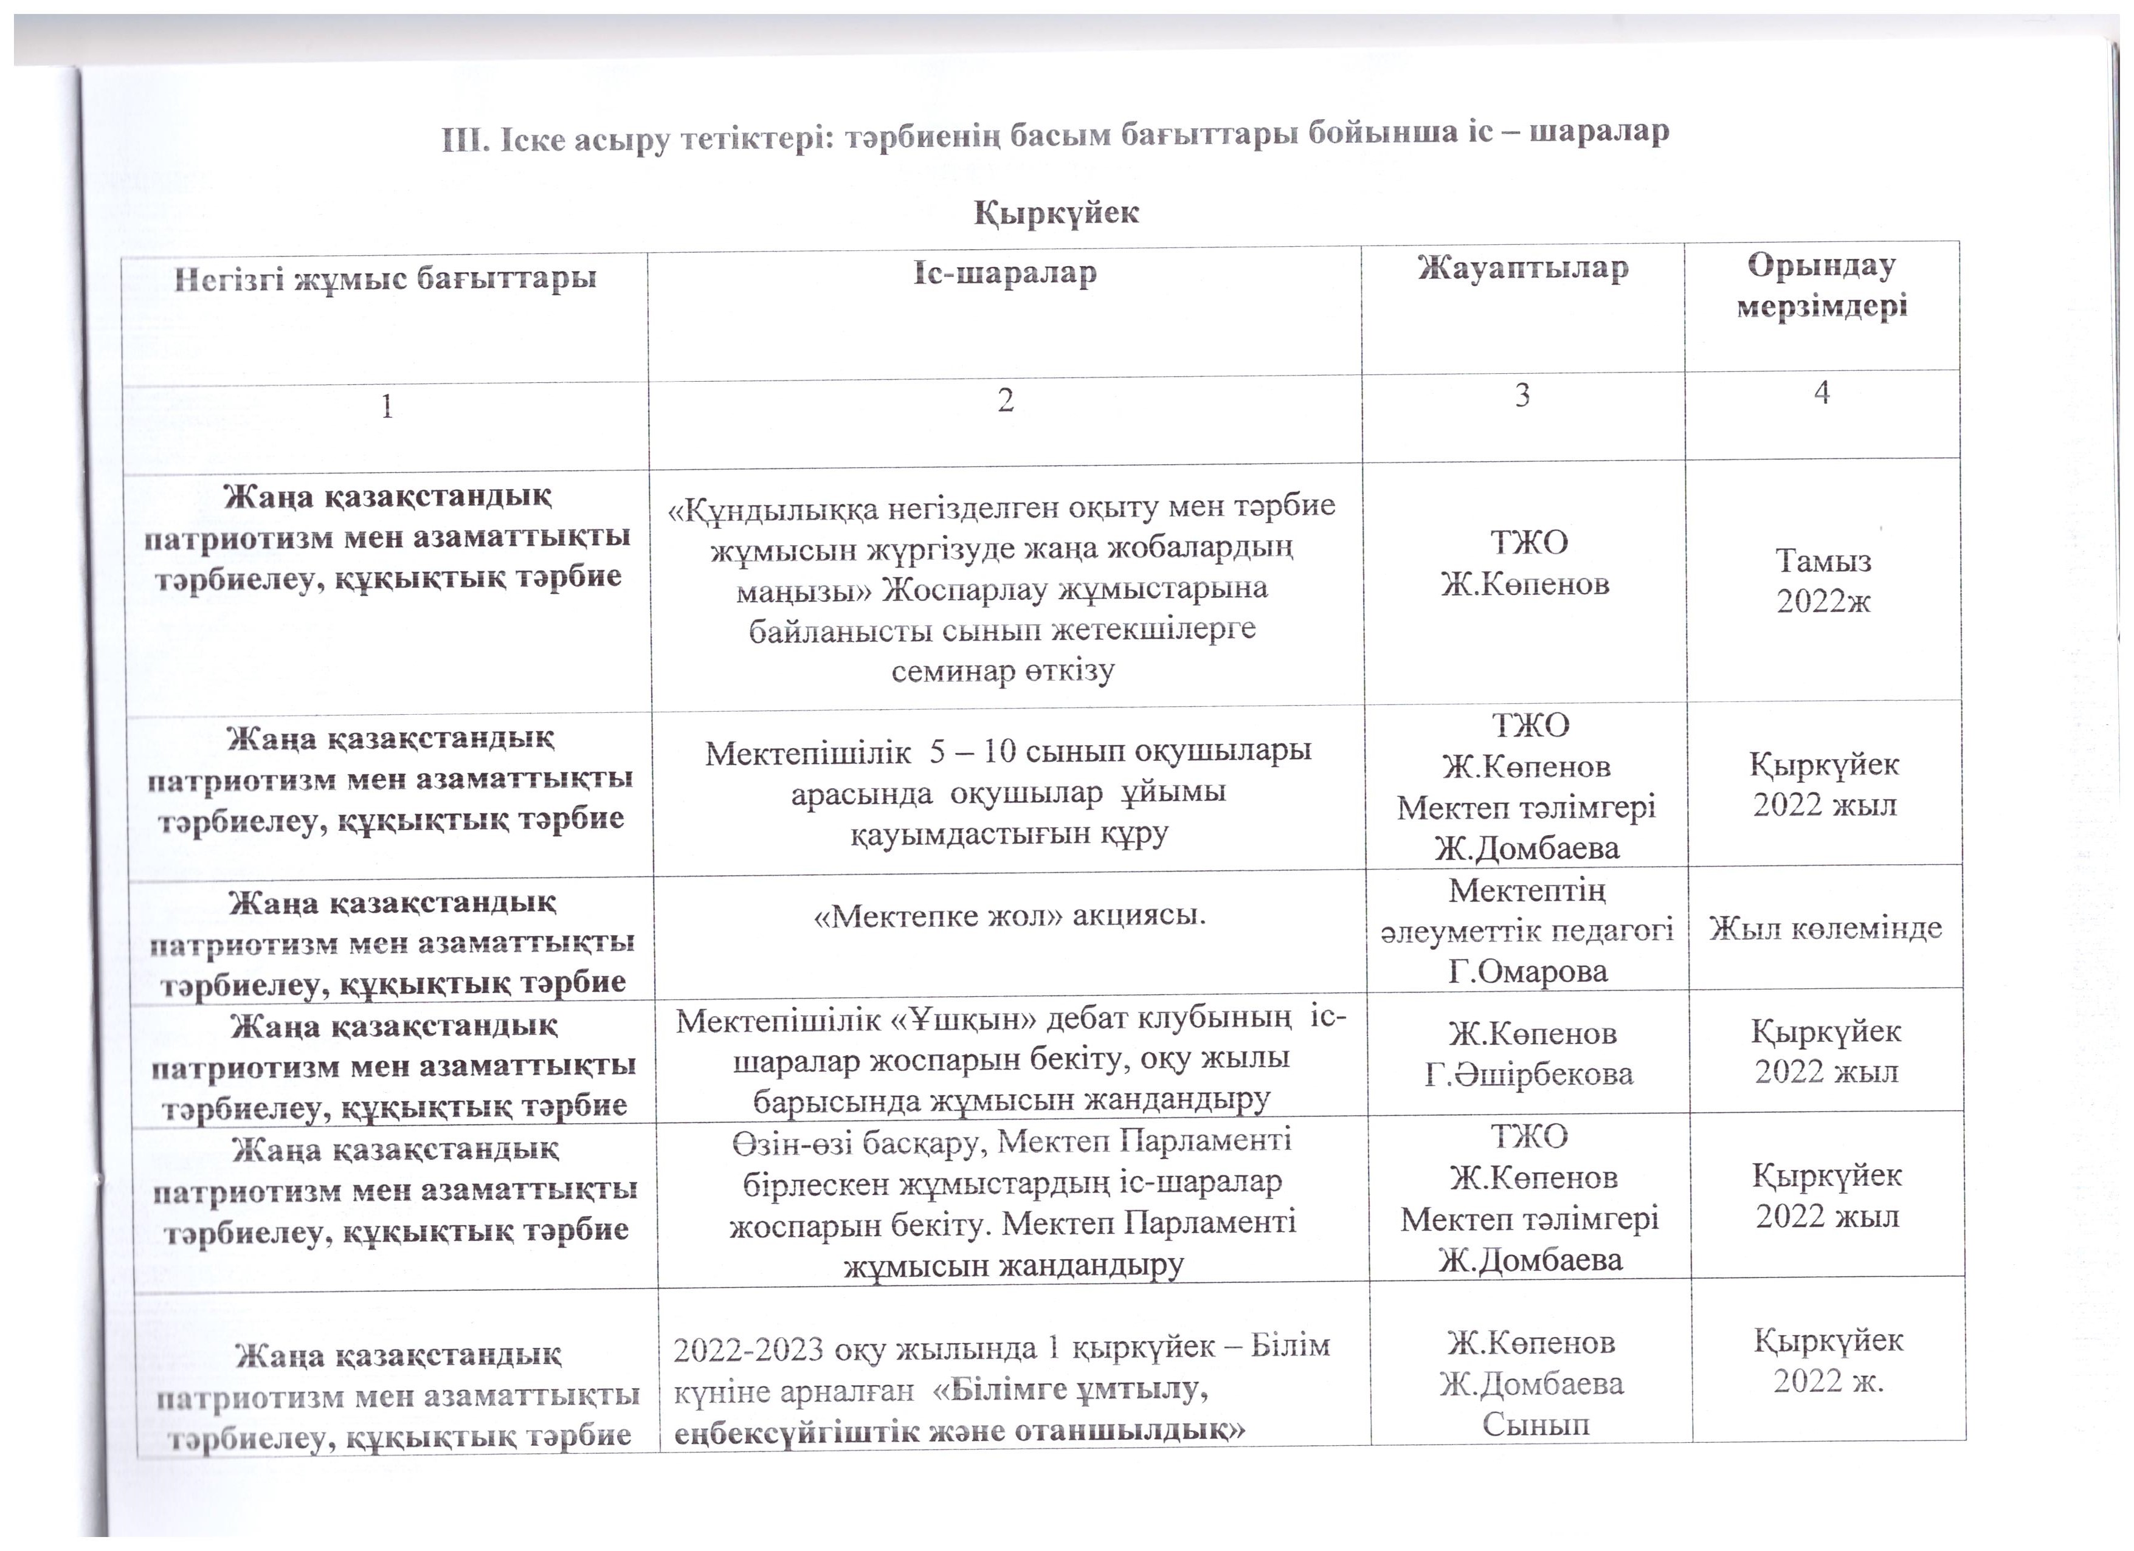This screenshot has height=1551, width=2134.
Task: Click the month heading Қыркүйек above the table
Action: pos(1055,213)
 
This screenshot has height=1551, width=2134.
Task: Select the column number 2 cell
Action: pos(1005,401)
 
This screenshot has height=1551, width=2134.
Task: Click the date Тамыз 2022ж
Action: pos(1823,581)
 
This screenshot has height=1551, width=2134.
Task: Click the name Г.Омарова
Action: pos(1528,971)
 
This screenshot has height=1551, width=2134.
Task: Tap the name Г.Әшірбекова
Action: pos(1529,1074)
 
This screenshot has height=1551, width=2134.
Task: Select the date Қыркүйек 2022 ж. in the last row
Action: pos(1828,1360)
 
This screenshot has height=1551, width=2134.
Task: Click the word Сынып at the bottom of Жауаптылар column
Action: pos(1536,1425)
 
